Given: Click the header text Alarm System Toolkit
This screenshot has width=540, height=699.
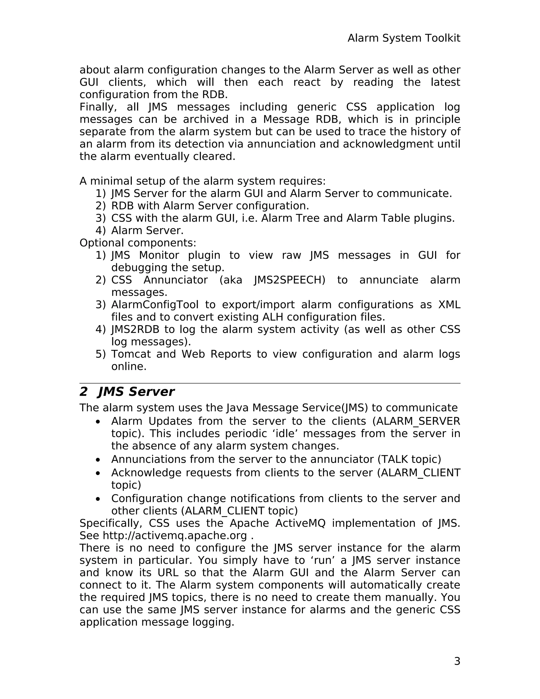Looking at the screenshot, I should tap(404, 38).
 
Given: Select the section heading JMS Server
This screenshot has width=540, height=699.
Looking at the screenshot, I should tap(136, 392).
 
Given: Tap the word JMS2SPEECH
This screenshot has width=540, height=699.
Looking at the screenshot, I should tap(289, 280).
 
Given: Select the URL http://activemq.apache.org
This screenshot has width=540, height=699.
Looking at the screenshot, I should tap(175, 535).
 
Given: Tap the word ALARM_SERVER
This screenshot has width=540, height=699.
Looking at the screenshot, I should tap(418, 421).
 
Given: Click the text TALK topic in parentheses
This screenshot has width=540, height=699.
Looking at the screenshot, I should tap(409, 459).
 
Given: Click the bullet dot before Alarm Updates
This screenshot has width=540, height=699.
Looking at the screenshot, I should tap(98, 422).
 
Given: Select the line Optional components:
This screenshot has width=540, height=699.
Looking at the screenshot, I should tap(138, 243).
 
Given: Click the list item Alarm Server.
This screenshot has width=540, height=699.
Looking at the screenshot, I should tap(147, 231).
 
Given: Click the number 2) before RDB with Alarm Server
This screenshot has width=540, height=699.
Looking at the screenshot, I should tap(100, 206).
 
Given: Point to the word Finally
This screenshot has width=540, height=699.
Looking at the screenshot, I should tap(98, 107).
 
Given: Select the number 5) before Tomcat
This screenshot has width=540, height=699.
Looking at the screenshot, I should tap(100, 354).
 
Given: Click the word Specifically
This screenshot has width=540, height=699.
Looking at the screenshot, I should tap(110, 523).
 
